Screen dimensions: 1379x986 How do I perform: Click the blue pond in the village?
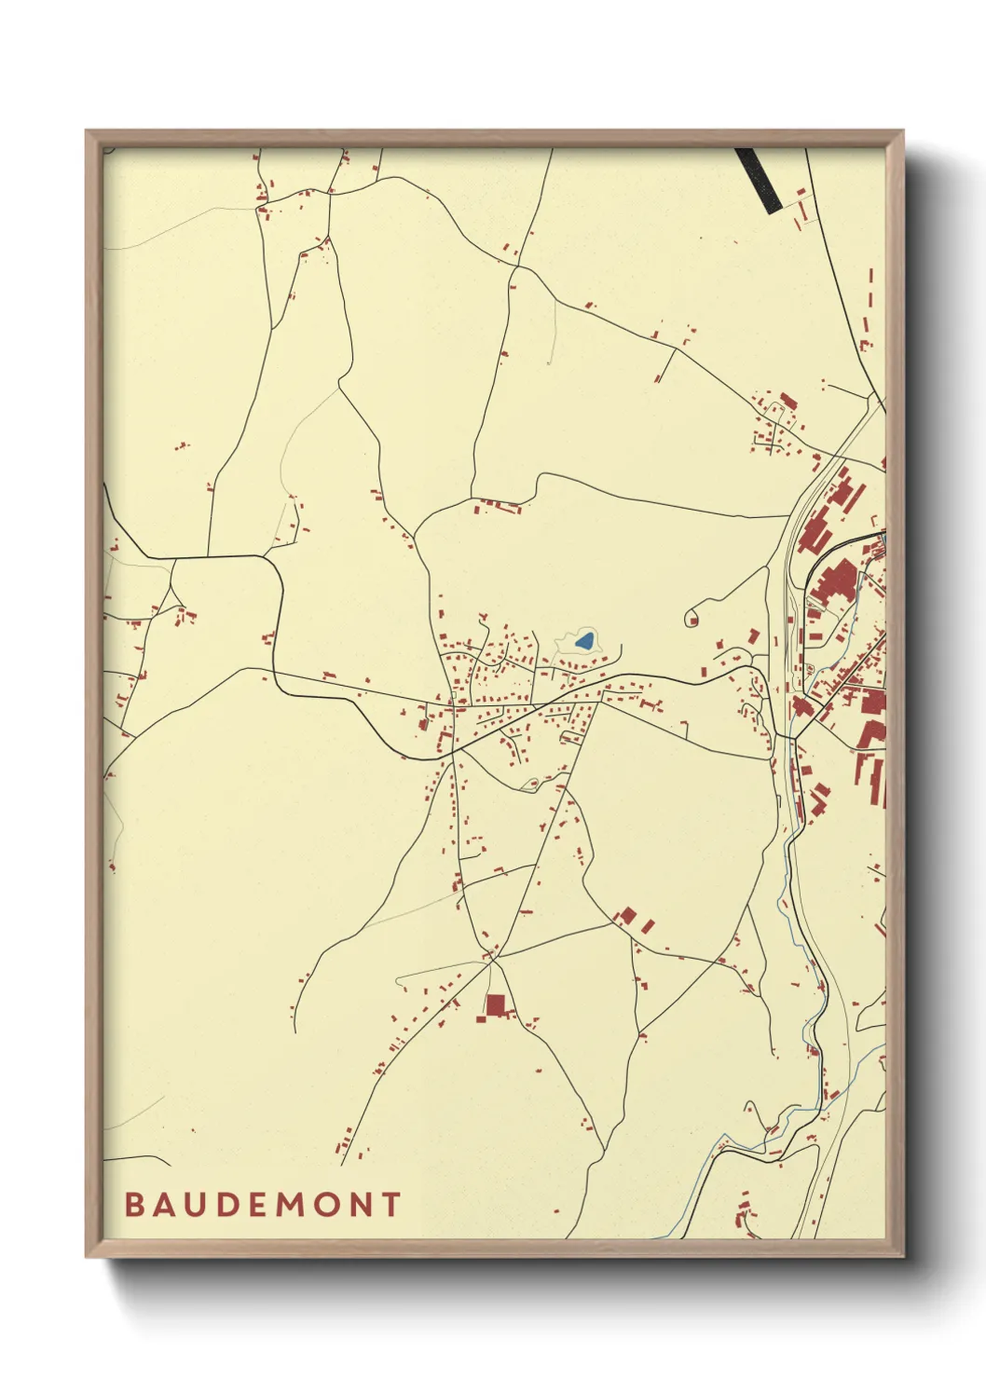click(585, 641)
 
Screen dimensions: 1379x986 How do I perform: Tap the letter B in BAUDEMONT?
click(134, 1205)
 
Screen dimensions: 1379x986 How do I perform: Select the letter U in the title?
click(199, 1205)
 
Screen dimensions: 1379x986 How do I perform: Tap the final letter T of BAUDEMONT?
click(390, 1205)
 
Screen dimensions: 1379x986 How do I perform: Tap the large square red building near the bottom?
click(495, 1005)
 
